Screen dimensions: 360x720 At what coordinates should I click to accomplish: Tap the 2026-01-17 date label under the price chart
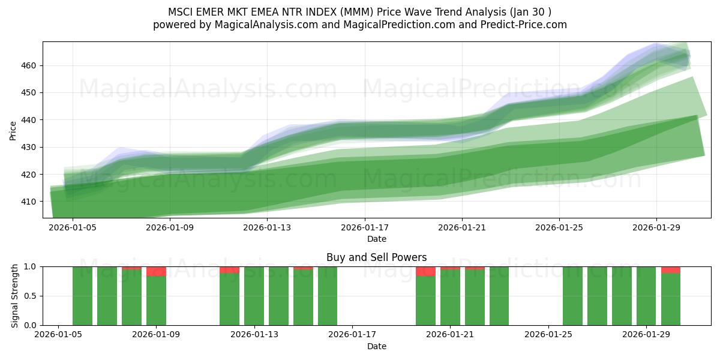point(364,228)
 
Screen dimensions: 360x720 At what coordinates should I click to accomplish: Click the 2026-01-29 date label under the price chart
point(656,228)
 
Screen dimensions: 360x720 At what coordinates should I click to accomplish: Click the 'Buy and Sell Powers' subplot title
point(377,257)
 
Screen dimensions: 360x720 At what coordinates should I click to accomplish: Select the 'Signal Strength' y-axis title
point(16,296)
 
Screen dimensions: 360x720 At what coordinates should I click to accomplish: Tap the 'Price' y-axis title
point(13,130)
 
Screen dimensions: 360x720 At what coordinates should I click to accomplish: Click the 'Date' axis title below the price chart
point(377,239)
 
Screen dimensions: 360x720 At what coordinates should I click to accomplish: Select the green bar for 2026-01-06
point(83,296)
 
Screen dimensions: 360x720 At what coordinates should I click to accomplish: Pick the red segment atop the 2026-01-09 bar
point(156,271)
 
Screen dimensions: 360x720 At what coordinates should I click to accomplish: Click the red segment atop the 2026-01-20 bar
point(425,271)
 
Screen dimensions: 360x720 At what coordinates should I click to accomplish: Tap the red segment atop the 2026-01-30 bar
point(671,270)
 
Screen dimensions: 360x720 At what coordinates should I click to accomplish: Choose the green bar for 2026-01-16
point(328,296)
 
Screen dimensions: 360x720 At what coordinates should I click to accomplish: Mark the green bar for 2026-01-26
point(572,296)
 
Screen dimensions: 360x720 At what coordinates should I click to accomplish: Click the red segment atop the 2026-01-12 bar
point(229,270)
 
